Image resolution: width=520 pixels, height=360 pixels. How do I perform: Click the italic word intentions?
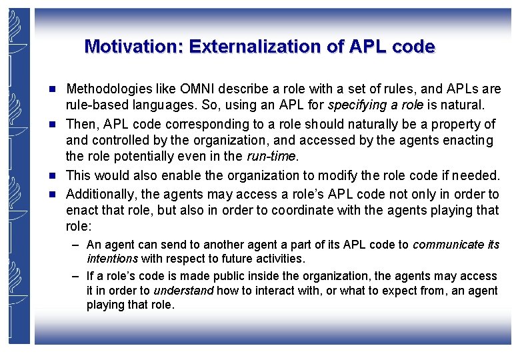click(x=112, y=259)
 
